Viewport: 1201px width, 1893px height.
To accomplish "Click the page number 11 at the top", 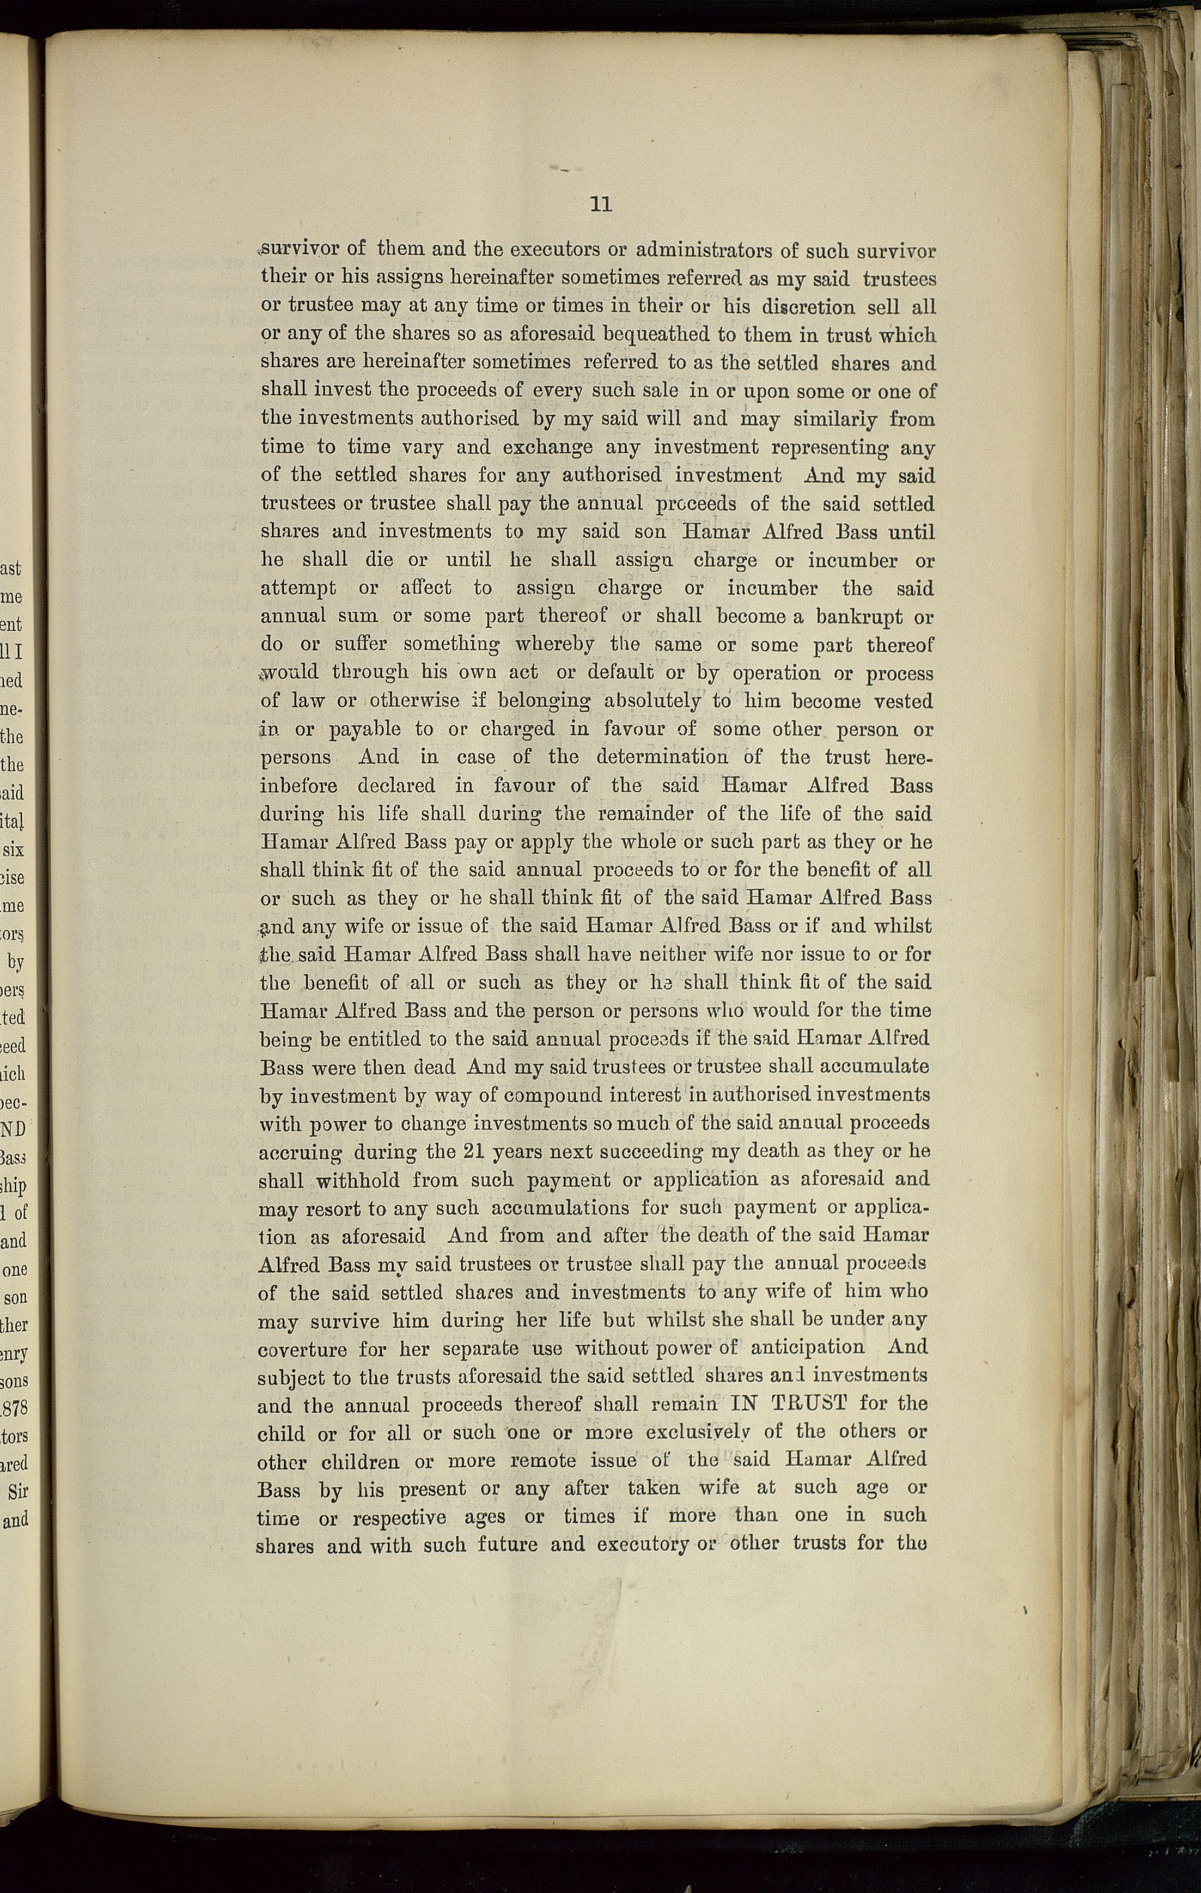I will pos(600,204).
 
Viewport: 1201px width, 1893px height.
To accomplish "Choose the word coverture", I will pos(302,1350).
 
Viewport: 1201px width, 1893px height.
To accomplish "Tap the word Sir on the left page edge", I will pos(17,1492).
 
